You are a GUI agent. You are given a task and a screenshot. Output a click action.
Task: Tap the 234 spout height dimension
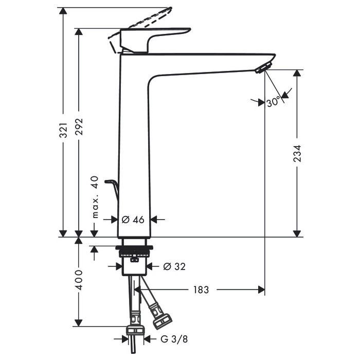tap(297, 153)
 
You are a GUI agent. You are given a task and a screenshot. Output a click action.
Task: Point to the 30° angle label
tap(274, 102)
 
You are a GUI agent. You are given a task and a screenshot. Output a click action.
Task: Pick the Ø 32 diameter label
tap(173, 266)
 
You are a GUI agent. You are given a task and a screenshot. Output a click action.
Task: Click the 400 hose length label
tap(79, 280)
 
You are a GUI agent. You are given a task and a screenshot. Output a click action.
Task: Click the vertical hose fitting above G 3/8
tap(135, 329)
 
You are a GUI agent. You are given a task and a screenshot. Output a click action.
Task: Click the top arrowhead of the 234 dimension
tap(297, 73)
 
